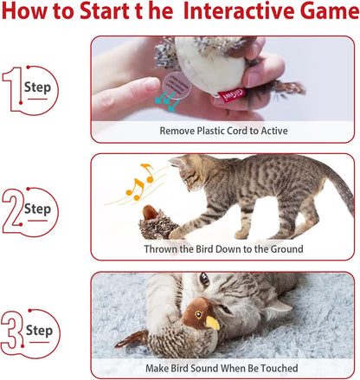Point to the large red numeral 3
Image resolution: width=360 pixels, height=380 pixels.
click(19, 331)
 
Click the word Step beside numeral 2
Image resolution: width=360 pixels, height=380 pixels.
click(37, 209)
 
